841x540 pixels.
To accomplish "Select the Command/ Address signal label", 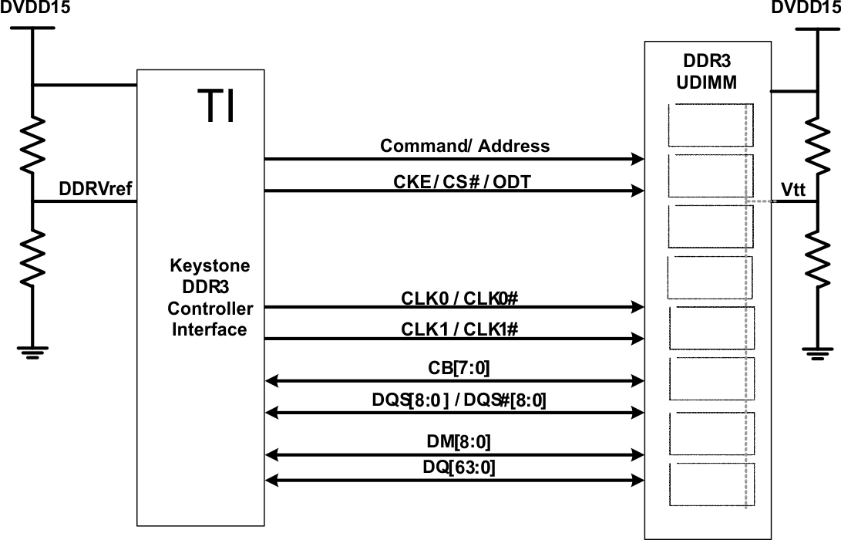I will pyautogui.click(x=465, y=146).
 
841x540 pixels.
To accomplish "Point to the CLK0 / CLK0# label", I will pyautogui.click(x=463, y=298).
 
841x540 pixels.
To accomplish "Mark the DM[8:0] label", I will pyautogui.click(x=458, y=442).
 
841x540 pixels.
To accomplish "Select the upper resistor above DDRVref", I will pyautogui.click(x=32, y=142).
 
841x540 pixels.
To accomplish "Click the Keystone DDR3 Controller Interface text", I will pyautogui.click(x=210, y=298).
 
